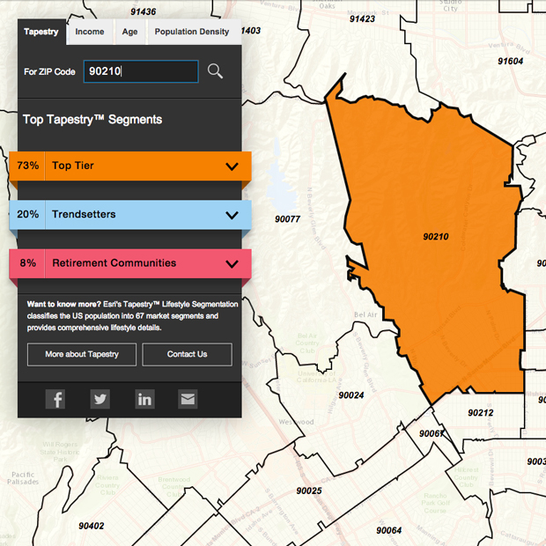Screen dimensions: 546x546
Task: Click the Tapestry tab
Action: tap(41, 32)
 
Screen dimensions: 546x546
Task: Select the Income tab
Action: tap(89, 32)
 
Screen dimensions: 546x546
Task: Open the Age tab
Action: tap(129, 32)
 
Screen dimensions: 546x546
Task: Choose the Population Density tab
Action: tap(191, 32)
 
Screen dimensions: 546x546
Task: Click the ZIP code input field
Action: tap(141, 71)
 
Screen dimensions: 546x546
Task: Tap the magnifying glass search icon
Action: tap(215, 71)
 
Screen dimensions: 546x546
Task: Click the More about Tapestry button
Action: tap(82, 354)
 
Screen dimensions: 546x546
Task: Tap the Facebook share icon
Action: tap(55, 399)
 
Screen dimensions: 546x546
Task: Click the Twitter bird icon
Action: tap(100, 399)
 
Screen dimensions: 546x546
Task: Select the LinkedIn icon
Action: tap(144, 399)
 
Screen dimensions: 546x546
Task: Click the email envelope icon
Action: tap(188, 399)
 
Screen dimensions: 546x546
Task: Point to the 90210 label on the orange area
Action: tap(435, 237)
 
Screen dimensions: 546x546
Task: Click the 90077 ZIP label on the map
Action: tap(287, 219)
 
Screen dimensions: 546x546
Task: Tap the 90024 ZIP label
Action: tap(350, 395)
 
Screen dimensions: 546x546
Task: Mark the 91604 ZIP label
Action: tap(510, 61)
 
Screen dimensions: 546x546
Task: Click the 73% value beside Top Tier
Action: tap(27, 166)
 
